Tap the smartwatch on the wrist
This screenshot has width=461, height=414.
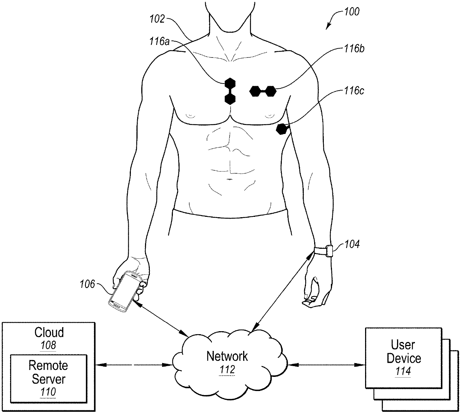(328, 251)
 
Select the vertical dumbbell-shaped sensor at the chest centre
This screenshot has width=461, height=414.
(230, 91)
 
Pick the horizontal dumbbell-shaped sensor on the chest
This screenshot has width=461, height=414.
(262, 91)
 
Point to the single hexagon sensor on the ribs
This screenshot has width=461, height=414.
(282, 129)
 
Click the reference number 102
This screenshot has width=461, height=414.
(157, 19)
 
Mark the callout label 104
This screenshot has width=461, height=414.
(352, 244)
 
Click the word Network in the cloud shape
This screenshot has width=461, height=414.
(227, 356)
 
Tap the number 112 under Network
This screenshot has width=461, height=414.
(227, 370)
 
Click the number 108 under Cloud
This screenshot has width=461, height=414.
(49, 345)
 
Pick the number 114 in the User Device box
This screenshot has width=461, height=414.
(403, 371)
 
